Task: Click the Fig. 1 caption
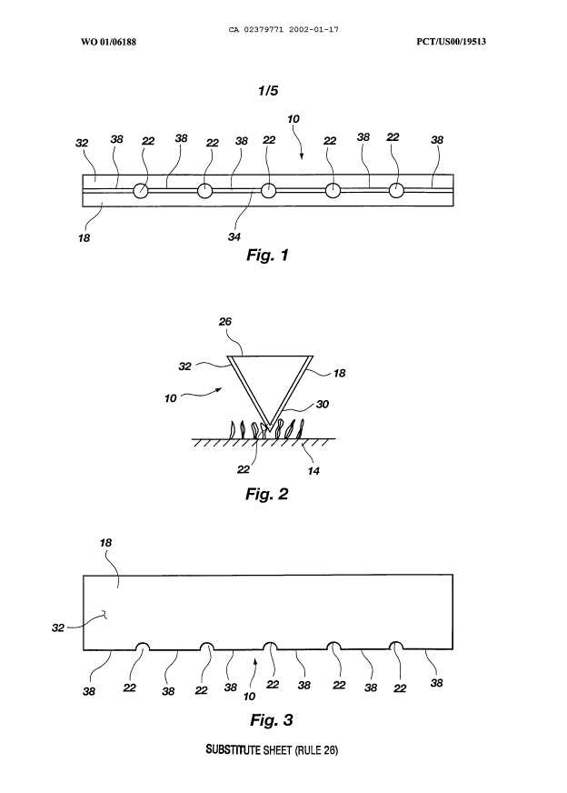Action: [x=267, y=256]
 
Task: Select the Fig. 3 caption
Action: [x=271, y=721]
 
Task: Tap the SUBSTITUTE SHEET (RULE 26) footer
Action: [x=270, y=753]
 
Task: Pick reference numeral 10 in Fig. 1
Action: [x=293, y=119]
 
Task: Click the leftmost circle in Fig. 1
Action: [x=143, y=191]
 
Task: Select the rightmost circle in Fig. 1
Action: [x=397, y=191]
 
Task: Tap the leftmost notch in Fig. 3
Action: [x=143, y=647]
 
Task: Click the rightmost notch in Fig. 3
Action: [x=397, y=647]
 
